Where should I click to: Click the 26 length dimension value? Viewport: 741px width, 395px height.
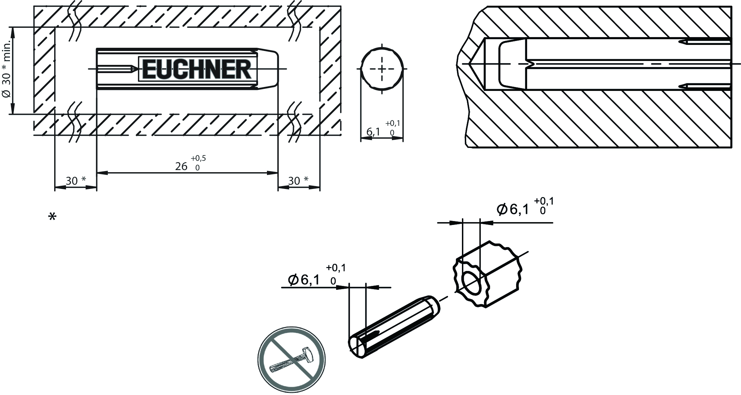(181, 166)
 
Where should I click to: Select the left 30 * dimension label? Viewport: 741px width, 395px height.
(76, 181)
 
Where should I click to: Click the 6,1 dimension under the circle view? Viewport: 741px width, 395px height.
(373, 132)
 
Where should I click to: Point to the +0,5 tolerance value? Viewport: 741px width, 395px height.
(198, 158)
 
